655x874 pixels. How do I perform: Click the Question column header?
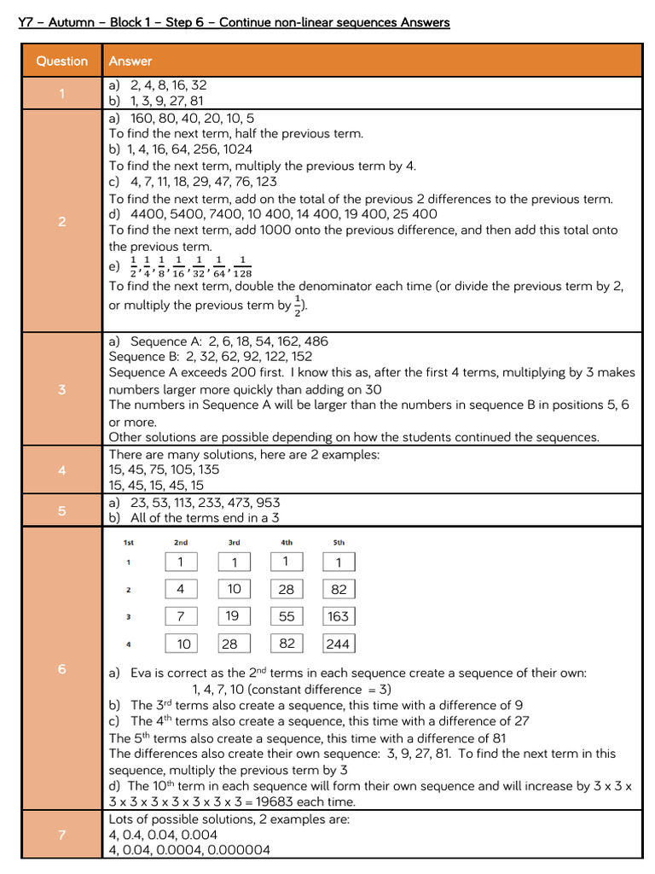tap(61, 61)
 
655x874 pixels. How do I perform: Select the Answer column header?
tap(130, 61)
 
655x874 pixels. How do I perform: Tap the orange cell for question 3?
tap(61, 389)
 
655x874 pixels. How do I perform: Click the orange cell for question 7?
tap(61, 835)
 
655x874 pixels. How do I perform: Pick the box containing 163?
tap(339, 616)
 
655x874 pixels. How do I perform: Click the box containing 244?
tap(339, 644)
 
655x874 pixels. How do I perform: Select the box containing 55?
tap(286, 616)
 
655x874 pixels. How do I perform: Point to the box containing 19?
tap(233, 616)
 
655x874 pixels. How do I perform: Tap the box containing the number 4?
tap(180, 589)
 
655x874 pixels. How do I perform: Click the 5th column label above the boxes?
tap(339, 543)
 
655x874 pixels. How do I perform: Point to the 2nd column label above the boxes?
tap(180, 543)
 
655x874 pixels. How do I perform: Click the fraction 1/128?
tap(242, 267)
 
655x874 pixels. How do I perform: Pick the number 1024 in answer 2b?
tap(238, 149)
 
